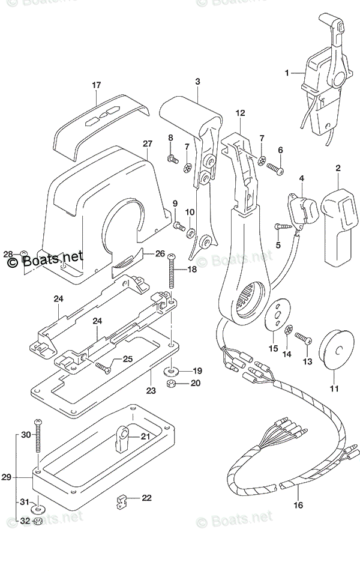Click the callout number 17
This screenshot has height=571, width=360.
coord(96,85)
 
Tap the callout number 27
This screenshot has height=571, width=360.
coord(148,144)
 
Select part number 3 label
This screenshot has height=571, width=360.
coord(197,82)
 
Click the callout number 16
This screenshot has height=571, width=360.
coord(298,505)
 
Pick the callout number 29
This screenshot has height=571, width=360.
coord(6,478)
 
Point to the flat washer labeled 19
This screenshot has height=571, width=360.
coord(172,370)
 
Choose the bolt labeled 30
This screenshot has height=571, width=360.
coord(38,435)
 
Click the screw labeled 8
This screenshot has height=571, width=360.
coord(173,159)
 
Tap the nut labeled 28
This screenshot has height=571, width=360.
coord(23,254)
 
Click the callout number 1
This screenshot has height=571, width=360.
coord(287,73)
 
